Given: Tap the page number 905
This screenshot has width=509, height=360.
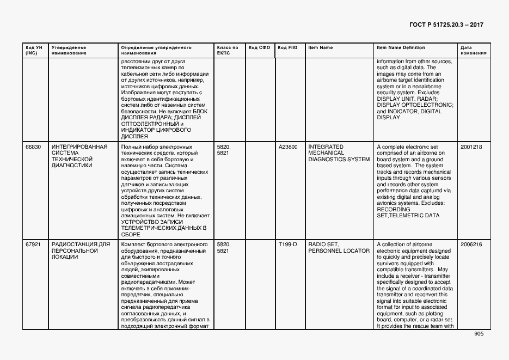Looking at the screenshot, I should tap(479, 334).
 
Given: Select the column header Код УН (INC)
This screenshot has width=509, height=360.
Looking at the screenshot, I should tap(34, 50).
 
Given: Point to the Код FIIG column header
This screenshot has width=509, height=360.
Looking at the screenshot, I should tap(287, 47).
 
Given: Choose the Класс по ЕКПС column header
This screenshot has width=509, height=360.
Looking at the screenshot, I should tap(227, 50).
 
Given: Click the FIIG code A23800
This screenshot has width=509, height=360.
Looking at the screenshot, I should tap(288, 147).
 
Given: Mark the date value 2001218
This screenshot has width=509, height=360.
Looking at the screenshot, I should tap(471, 147).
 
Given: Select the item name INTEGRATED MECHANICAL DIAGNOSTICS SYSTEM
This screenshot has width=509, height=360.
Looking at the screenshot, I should tap(339, 153).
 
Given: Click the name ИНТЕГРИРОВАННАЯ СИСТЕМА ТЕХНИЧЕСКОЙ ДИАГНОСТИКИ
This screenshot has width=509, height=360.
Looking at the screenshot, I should tap(79, 156).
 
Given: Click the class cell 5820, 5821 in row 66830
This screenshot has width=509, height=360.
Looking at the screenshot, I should tap(223, 150).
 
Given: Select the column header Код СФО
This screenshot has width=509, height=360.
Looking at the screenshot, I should tap(259, 47).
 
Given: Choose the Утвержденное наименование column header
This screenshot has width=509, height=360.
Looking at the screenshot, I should tap(69, 50).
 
